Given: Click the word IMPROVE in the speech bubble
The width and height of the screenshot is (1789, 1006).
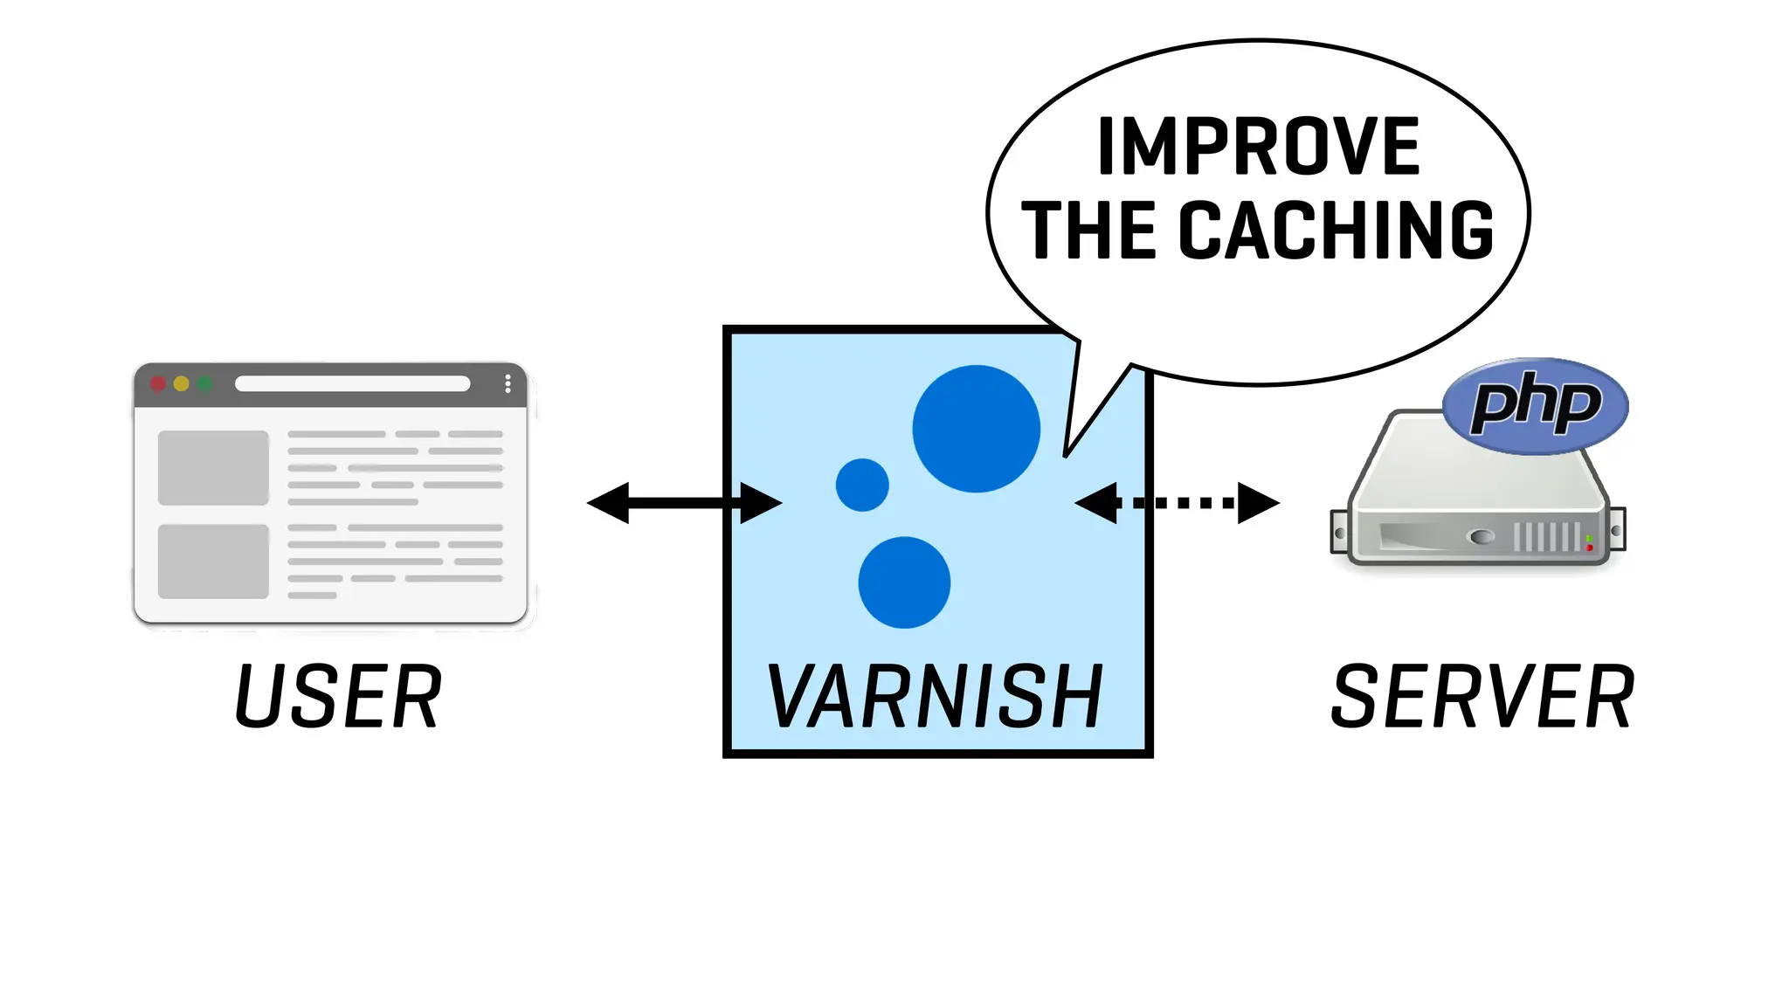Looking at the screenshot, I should (1258, 147).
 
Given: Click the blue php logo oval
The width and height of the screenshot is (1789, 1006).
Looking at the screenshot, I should (1536, 405).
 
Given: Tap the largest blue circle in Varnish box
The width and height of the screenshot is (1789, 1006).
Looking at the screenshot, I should (976, 429).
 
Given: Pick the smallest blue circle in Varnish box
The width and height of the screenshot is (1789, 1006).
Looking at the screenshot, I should (862, 485).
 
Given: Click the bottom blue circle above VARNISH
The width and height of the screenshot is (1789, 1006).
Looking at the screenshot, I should (904, 582).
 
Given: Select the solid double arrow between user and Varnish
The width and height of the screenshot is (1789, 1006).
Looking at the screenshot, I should (684, 502).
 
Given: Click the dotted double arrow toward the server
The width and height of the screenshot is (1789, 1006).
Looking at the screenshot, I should (1177, 502).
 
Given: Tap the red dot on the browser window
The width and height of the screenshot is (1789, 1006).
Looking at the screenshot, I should (158, 384).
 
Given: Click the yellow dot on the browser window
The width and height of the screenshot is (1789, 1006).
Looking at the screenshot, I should (182, 384).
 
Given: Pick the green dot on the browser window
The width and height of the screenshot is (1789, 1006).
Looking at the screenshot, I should (204, 384).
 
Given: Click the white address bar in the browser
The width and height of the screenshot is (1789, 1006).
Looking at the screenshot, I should (352, 384).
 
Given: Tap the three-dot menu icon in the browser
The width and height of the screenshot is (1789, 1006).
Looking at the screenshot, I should (508, 384).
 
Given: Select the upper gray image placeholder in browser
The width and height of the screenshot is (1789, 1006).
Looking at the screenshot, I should (213, 467).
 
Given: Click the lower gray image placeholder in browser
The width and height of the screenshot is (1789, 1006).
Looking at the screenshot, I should (213, 562).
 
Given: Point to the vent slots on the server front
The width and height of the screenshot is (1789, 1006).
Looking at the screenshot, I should (1546, 537).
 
